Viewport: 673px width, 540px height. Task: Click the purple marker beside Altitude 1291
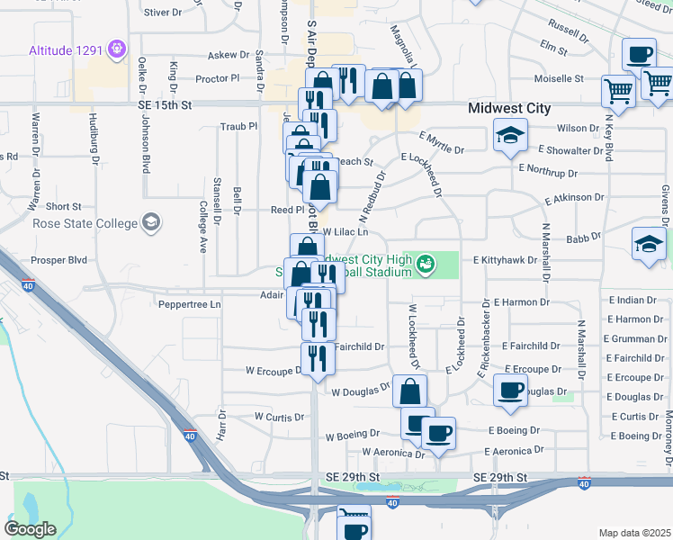(116, 48)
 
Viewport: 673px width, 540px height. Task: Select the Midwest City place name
(509, 108)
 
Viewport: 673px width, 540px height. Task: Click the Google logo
(31, 528)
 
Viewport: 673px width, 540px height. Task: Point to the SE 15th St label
(166, 105)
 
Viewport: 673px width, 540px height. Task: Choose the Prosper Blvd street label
(58, 260)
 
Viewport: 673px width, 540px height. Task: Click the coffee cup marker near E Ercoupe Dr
(511, 390)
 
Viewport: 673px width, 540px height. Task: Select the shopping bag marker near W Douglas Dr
(409, 391)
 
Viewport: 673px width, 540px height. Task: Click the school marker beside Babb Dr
(650, 244)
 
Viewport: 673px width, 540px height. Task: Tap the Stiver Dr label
(163, 13)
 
